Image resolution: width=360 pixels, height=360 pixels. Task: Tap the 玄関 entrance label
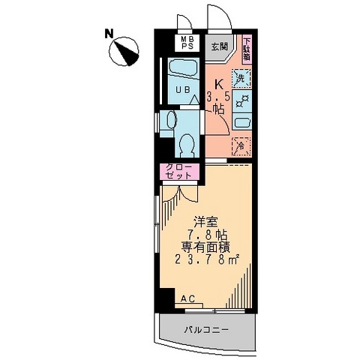(x=218, y=46)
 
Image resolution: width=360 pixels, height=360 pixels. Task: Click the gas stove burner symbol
(x=241, y=100)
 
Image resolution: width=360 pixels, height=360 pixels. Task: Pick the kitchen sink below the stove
(x=241, y=121)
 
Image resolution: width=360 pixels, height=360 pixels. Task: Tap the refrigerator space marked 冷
(x=241, y=145)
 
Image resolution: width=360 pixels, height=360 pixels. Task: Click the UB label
(x=182, y=91)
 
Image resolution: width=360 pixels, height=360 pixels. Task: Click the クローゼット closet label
(x=178, y=172)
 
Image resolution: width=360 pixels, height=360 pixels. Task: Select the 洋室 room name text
(x=206, y=222)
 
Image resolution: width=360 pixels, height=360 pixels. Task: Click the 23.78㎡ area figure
(x=207, y=260)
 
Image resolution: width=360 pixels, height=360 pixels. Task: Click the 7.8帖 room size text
(x=207, y=235)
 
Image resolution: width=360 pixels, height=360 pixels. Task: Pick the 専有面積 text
(x=207, y=247)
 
